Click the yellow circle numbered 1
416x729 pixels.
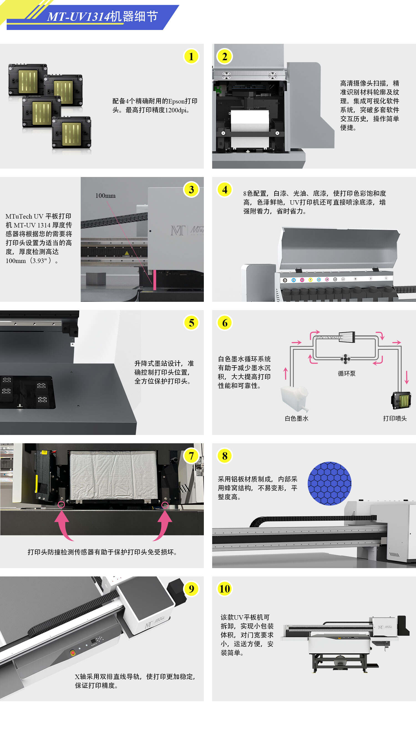pos(191,57)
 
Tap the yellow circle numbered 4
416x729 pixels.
pos(225,189)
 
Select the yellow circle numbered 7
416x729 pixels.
pos(191,456)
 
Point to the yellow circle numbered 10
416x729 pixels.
pos(225,589)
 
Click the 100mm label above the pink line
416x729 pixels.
pos(105,196)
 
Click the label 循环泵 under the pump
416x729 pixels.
pos(347,373)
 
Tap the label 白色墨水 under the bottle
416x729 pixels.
pos(296,418)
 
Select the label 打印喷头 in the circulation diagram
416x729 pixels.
pos(395,418)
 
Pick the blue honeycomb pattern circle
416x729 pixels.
pos(329,484)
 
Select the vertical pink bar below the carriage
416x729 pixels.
pos(154,280)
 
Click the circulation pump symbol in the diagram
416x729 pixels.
pos(346,359)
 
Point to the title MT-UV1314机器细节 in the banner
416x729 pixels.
pos(102,17)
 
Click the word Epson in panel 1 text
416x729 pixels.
pos(176,101)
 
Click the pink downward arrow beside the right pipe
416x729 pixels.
pos(407,377)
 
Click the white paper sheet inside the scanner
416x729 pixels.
pos(250,120)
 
